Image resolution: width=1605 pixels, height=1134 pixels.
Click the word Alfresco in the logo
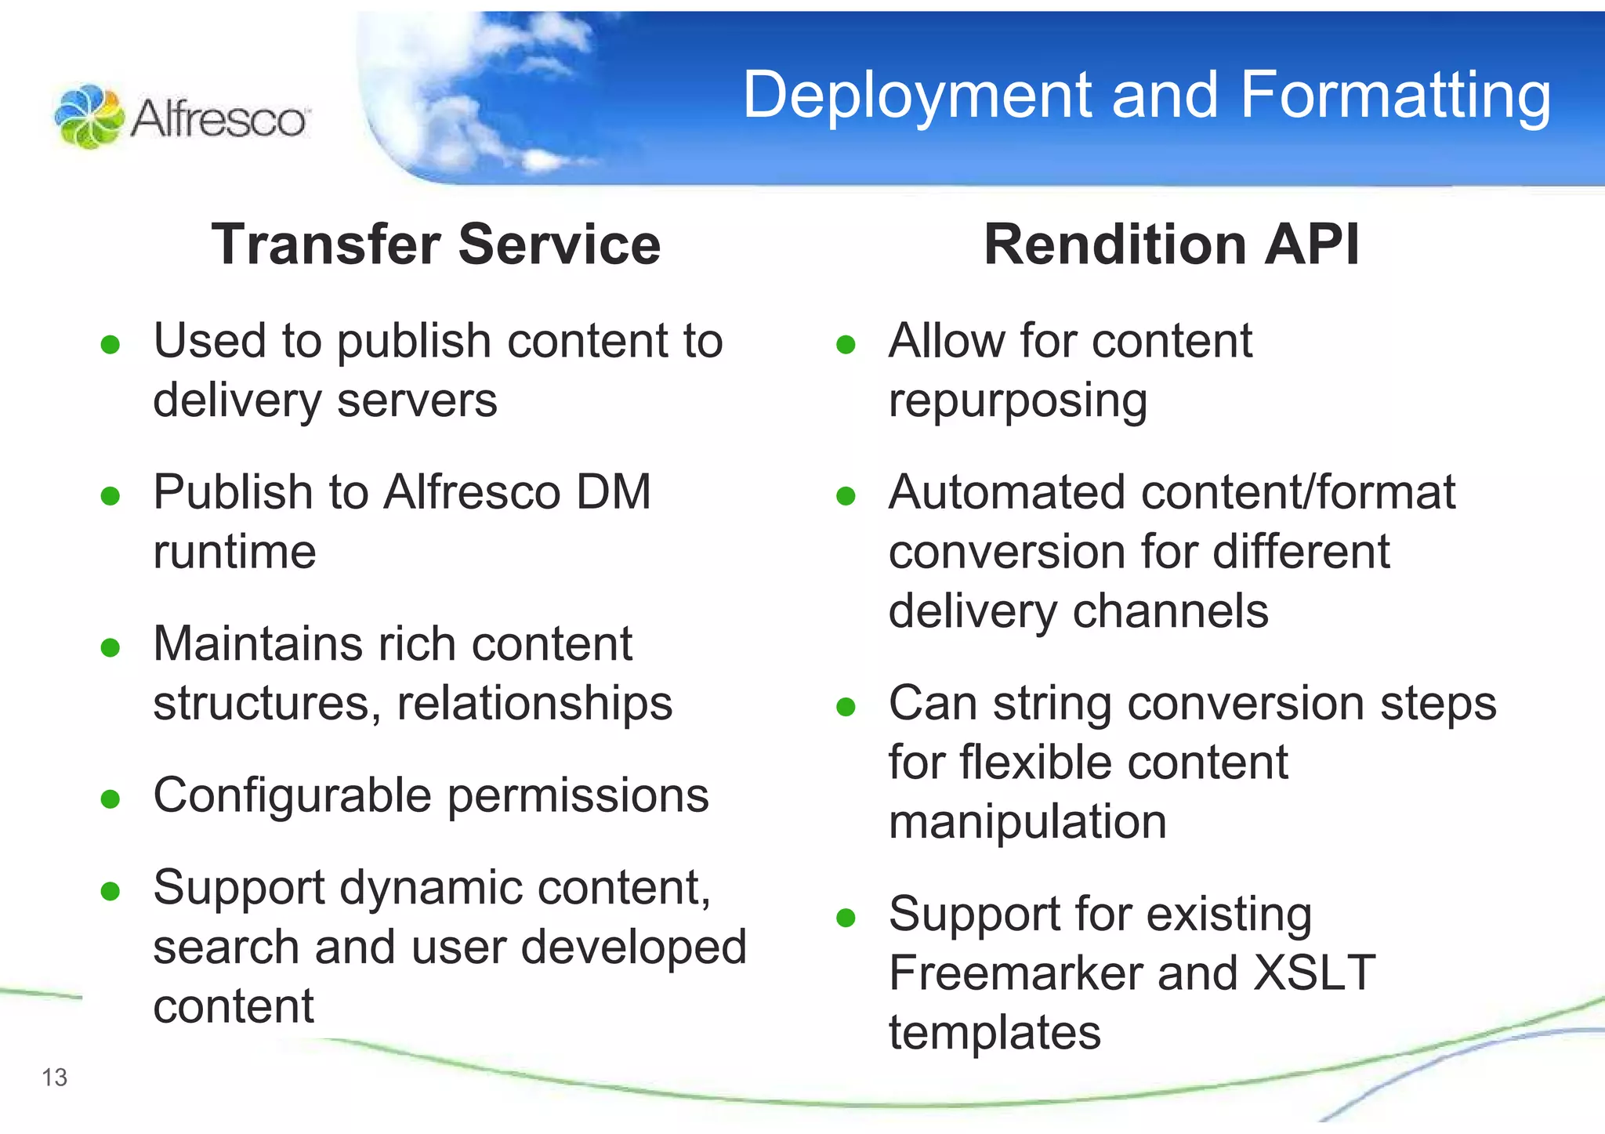coord(219,119)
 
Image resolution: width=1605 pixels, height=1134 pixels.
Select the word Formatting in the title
coord(1395,96)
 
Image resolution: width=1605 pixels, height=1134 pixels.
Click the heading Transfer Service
coord(436,245)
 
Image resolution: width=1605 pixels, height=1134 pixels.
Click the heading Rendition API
coord(1171,245)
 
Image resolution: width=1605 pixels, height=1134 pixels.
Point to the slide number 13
coord(55,1078)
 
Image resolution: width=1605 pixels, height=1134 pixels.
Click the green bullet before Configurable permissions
coord(111,799)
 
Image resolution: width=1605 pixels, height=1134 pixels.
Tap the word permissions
coord(578,796)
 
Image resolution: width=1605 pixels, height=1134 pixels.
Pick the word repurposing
coord(1017,401)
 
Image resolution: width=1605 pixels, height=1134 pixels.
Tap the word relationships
coord(534,703)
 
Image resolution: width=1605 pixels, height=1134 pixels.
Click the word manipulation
coord(1027,822)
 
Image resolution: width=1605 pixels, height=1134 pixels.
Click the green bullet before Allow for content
coord(846,345)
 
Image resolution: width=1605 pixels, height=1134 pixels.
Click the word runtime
coord(234,552)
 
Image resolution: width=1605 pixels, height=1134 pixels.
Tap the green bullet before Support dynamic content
coord(111,891)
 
